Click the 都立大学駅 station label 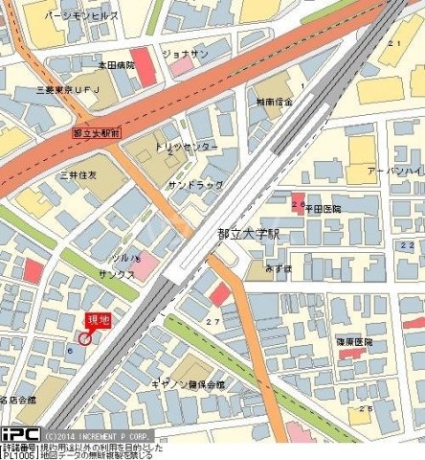(248, 232)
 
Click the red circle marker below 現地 (84, 337)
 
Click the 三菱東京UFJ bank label (75, 89)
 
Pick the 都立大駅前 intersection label (95, 133)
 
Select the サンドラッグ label (195, 185)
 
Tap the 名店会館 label (17, 398)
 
